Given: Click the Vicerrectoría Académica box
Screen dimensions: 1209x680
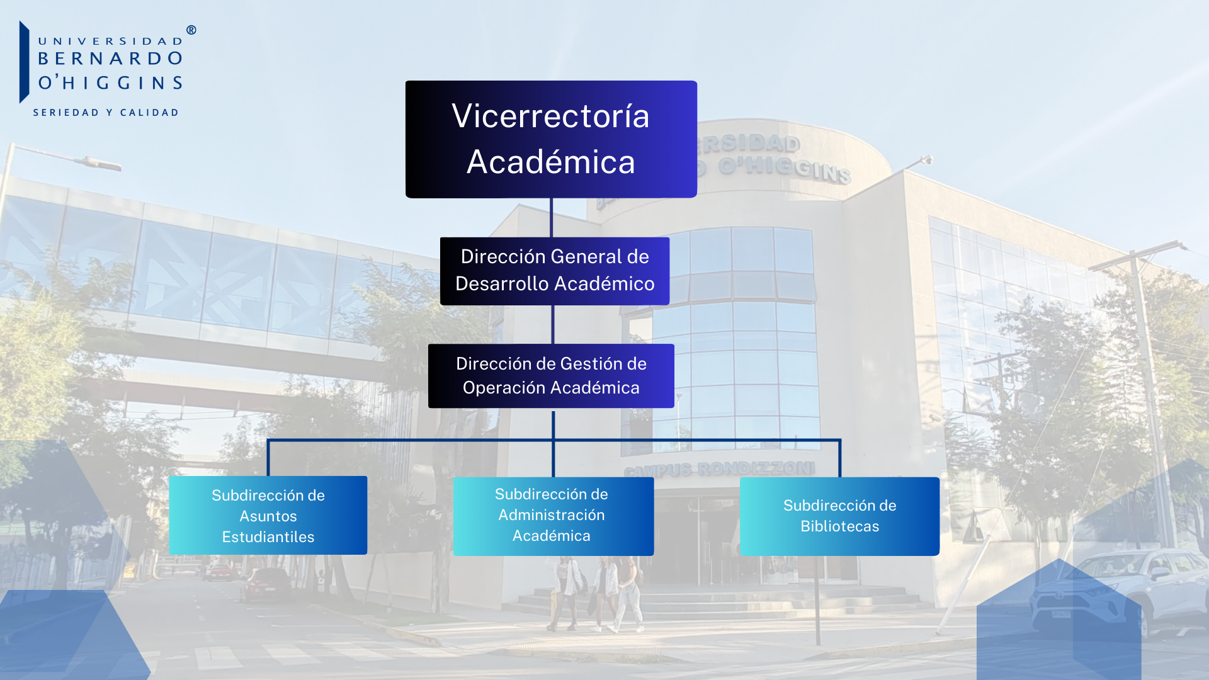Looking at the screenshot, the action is pyautogui.click(x=551, y=139).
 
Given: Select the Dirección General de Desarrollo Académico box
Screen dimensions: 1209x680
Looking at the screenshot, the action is pyautogui.click(x=555, y=271).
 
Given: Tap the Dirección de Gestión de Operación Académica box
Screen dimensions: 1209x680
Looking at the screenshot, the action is pyautogui.click(x=551, y=376).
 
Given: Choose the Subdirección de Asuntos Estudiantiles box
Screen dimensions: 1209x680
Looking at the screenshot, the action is pyautogui.click(x=268, y=515).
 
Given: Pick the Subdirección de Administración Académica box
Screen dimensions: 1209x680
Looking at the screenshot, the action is pyautogui.click(x=553, y=516).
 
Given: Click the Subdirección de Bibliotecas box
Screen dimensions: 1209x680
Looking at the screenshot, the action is pyautogui.click(x=839, y=516).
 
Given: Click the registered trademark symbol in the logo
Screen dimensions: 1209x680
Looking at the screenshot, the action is pyautogui.click(x=191, y=30).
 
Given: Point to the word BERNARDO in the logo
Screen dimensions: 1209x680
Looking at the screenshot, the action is pyautogui.click(x=110, y=59).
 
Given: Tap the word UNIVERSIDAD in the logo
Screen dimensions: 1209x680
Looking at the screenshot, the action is pyautogui.click(x=110, y=42).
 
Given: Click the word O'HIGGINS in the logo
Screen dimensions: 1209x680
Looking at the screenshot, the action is pyautogui.click(x=110, y=82).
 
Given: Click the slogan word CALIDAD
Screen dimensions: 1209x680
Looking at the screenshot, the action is pyautogui.click(x=149, y=113).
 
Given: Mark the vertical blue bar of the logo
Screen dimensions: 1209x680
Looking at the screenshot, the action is pyautogui.click(x=25, y=62).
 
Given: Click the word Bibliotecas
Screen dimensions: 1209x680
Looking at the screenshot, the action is pyautogui.click(x=839, y=526).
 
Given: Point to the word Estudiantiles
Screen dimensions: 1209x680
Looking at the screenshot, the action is pyautogui.click(x=268, y=537).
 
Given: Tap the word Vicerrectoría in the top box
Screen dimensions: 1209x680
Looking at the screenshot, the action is pyautogui.click(x=550, y=116).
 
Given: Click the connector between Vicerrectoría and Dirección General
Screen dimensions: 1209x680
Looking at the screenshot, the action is pyautogui.click(x=552, y=218).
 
